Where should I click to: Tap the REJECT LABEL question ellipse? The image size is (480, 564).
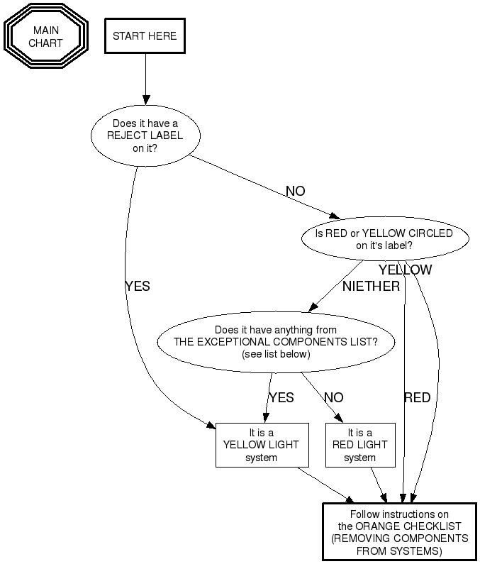[x=145, y=136]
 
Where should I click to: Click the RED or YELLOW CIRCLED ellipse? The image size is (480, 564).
[x=384, y=240]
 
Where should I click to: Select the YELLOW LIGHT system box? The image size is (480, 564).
[x=261, y=445]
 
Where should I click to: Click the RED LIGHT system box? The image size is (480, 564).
[x=359, y=445]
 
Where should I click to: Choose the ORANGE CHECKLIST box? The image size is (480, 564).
[x=399, y=532]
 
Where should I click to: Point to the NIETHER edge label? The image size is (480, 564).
[x=371, y=287]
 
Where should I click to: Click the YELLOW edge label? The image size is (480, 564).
[x=405, y=270]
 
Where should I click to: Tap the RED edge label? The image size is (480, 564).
[x=417, y=398]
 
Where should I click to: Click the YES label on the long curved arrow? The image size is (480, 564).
[x=137, y=287]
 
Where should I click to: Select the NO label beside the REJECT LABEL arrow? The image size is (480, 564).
[x=295, y=191]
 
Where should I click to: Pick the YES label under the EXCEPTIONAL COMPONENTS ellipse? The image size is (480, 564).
[x=281, y=398]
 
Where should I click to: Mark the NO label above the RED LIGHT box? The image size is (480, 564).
[x=333, y=398]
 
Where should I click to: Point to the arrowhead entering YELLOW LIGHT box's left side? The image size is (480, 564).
[x=211, y=424]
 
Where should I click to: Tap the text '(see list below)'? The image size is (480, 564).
[x=276, y=353]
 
